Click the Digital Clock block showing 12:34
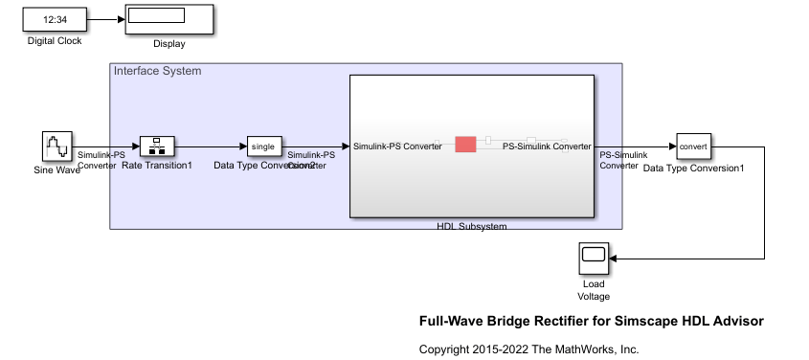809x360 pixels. (55, 18)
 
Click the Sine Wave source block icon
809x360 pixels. (57, 146)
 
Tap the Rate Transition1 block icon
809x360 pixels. (155, 146)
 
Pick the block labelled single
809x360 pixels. (263, 146)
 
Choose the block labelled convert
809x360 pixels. (693, 146)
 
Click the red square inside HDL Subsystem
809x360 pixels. (465, 144)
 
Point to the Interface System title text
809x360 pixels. (157, 71)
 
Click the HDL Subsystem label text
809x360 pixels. (471, 226)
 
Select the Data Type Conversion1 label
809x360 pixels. (693, 168)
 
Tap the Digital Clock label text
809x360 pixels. (55, 41)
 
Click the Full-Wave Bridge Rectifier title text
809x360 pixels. (591, 321)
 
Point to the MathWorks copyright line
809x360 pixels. (528, 349)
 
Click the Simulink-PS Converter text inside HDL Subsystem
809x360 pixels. (397, 146)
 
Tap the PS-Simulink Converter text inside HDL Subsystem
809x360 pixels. (547, 146)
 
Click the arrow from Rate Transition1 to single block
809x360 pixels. (209, 146)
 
